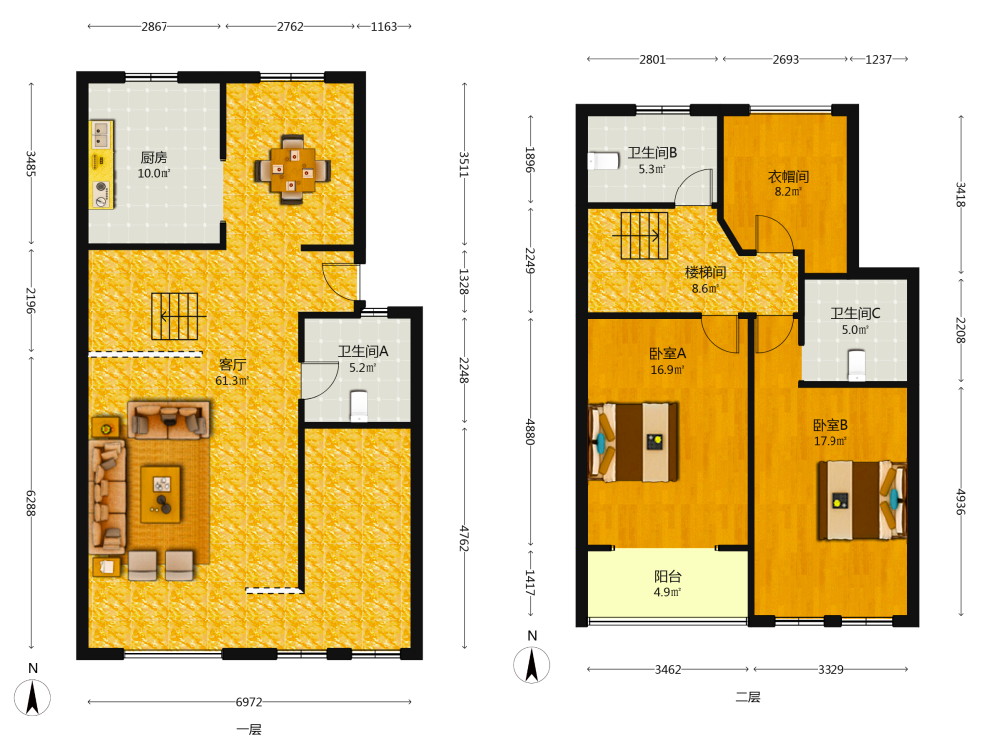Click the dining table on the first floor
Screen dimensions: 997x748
(x=292, y=170)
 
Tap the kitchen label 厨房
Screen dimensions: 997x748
(x=154, y=157)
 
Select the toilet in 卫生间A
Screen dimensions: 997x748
(x=359, y=406)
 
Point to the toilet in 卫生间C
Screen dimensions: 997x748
(x=857, y=365)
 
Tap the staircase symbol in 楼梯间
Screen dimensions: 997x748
(x=641, y=236)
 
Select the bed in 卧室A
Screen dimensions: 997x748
(x=633, y=442)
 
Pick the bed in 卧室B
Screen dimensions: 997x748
(x=861, y=500)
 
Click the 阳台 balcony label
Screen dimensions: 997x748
(x=668, y=576)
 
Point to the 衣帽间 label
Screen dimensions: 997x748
(x=788, y=177)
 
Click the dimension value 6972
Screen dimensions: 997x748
(x=249, y=702)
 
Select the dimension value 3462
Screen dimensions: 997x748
(x=668, y=670)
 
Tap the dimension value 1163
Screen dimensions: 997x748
(x=384, y=27)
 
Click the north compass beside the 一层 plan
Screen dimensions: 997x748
(x=33, y=697)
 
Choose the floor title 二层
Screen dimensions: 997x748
(x=748, y=697)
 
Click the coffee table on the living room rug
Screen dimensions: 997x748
(x=161, y=495)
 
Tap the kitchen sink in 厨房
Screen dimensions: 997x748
(x=100, y=135)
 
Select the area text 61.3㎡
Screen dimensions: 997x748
(x=232, y=381)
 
